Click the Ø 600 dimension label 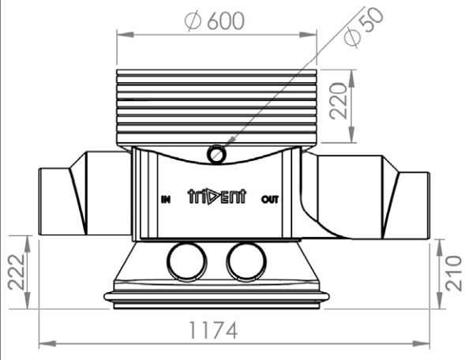(215, 21)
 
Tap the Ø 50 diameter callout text (364, 28)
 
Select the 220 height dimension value (339, 101)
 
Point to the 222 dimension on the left (16, 272)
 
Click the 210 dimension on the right (453, 274)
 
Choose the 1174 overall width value (213, 330)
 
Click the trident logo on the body (217, 197)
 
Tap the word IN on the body (166, 200)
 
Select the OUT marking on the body (270, 199)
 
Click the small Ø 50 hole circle (217, 155)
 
